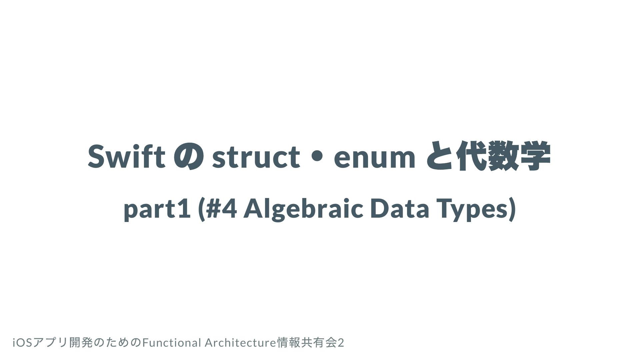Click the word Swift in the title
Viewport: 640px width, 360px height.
127,156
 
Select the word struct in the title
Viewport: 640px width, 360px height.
256,157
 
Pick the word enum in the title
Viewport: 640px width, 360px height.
375,159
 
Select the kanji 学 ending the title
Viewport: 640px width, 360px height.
534,156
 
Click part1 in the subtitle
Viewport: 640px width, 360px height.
157,209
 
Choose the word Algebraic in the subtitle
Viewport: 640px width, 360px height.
303,209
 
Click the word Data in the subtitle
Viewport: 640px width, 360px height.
399,208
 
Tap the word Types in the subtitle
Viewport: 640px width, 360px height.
473,210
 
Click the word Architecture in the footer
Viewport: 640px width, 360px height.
241,343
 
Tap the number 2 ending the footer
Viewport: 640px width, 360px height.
341,343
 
